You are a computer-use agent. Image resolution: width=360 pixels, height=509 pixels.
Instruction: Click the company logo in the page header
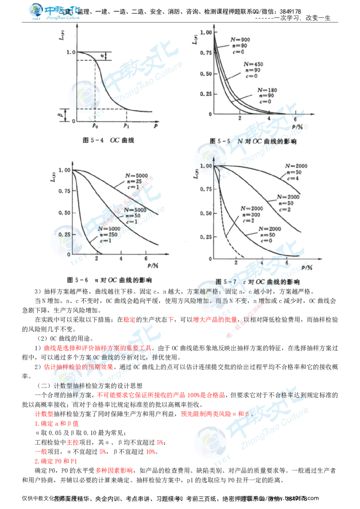point(54,12)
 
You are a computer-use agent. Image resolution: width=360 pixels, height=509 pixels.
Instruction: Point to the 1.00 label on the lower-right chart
point(206,166)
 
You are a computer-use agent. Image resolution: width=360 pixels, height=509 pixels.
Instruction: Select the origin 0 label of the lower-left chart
point(68,254)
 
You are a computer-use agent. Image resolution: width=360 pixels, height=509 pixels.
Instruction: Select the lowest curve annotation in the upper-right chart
point(267,95)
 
